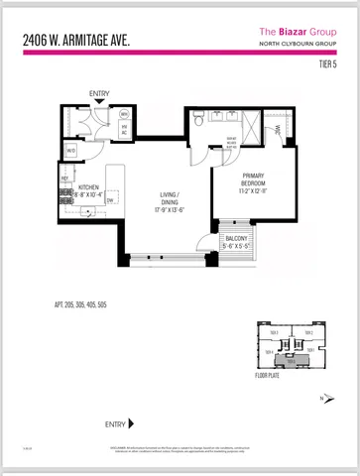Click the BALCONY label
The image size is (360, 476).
(236, 239)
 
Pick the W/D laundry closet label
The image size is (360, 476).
(71, 151)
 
